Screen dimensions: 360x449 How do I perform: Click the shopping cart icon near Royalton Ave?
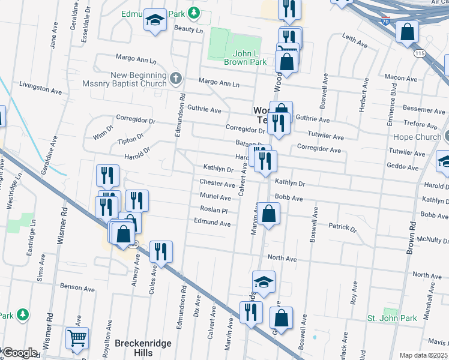77,340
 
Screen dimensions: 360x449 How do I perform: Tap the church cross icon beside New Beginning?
175,78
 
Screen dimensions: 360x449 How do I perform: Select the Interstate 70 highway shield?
385,22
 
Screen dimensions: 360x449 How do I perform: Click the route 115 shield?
419,54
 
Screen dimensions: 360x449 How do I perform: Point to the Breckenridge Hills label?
143,347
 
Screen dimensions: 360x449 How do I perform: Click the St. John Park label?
392,317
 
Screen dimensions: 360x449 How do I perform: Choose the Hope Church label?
417,137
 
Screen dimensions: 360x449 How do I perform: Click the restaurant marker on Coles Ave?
161,251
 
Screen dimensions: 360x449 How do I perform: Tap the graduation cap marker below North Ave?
264,281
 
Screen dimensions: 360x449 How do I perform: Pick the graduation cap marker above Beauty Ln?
155,21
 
